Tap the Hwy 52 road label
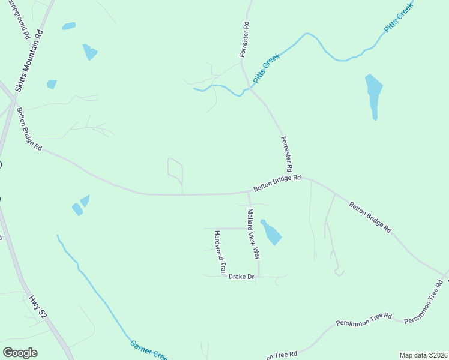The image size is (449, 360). point(38,306)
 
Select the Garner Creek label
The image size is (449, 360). point(148,351)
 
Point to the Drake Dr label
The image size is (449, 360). point(242,277)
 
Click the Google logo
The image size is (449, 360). point(20,353)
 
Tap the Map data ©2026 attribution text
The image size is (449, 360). point(423,355)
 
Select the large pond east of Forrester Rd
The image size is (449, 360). point(373,94)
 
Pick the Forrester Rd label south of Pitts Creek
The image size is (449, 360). point(287,154)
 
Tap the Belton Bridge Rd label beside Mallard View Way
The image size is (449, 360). point(277,183)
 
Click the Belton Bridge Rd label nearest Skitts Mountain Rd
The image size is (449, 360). point(29,129)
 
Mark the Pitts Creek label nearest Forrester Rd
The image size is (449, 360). point(266,68)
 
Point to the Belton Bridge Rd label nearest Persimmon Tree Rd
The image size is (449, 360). point(370,217)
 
